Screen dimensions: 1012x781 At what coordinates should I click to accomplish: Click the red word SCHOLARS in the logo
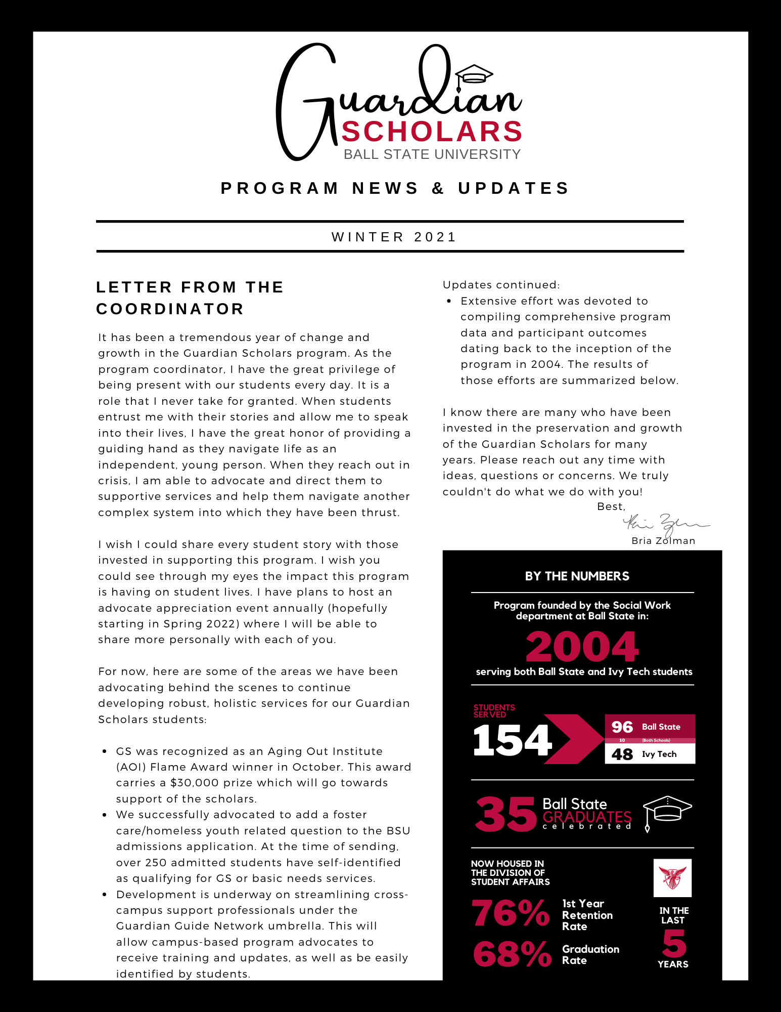tap(432, 132)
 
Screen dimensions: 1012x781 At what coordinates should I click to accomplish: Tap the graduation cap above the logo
tap(474, 75)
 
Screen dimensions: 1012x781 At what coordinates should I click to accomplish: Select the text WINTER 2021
tap(394, 237)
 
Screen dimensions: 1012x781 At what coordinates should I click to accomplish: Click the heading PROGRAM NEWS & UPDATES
tap(395, 188)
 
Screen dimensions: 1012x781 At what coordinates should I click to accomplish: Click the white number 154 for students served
tap(512, 740)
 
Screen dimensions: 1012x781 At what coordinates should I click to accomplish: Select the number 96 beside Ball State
tap(622, 727)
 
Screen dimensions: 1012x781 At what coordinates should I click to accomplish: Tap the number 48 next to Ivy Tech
tap(622, 754)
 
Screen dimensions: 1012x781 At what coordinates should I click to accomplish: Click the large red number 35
tap(505, 814)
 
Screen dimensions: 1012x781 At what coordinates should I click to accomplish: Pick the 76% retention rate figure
tap(511, 913)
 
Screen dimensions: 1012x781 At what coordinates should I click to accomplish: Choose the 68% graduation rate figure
tap(512, 954)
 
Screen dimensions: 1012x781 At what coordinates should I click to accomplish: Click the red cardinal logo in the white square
tap(672, 878)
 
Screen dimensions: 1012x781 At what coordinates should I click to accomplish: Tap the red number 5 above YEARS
tap(674, 943)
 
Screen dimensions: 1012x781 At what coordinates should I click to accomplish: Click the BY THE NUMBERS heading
tap(577, 576)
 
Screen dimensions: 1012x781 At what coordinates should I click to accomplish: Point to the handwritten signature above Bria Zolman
tap(665, 524)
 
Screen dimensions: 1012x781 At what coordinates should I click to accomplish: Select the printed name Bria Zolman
tap(663, 541)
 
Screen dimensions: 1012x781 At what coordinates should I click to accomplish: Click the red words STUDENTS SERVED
tap(494, 711)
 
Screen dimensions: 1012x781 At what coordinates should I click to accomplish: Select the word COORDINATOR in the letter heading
tap(170, 309)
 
